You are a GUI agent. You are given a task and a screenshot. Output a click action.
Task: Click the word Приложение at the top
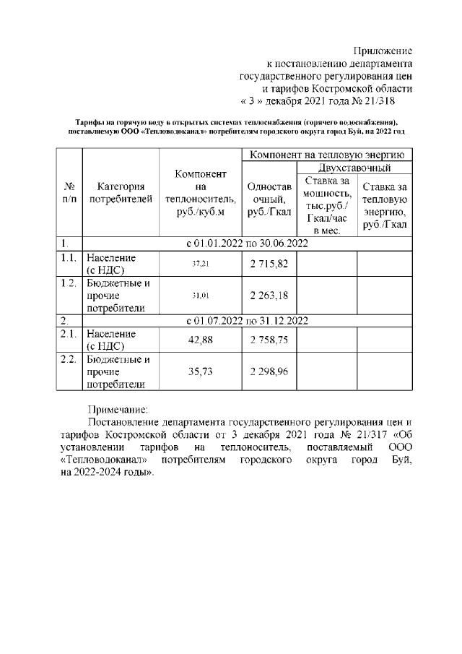tap(383, 51)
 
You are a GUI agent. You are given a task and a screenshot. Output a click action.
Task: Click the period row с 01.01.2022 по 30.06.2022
tap(247, 244)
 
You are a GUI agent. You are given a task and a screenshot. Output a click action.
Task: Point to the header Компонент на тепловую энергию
tap(328, 155)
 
